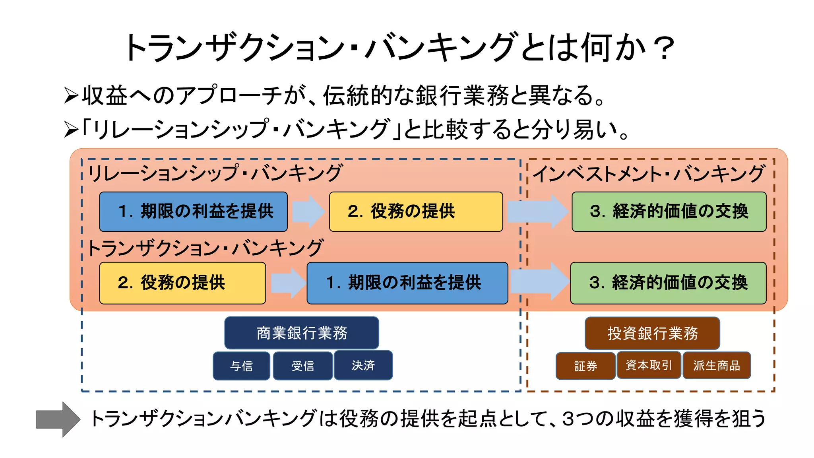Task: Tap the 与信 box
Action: point(241,366)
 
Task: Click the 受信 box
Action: point(302,366)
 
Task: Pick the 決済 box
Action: point(363,365)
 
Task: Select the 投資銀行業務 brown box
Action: point(652,333)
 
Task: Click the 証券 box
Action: point(585,366)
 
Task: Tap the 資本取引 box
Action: point(648,365)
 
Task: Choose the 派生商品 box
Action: point(716,365)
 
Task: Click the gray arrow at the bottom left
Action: point(58,419)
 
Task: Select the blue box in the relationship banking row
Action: point(193,212)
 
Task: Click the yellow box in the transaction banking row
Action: point(182,283)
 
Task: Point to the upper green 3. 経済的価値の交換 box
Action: point(669,212)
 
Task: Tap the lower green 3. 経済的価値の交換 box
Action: point(668,283)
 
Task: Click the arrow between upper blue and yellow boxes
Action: point(308,212)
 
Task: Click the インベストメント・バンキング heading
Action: point(648,174)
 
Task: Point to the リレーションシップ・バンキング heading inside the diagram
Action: point(215,173)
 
